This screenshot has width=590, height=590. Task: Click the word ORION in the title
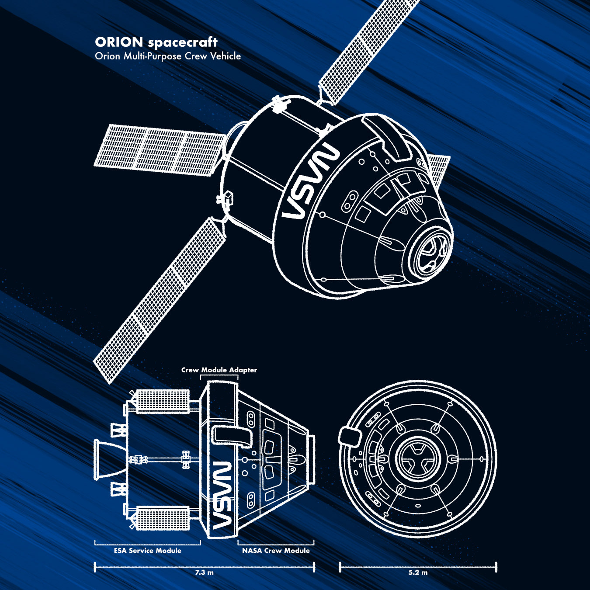tap(119, 42)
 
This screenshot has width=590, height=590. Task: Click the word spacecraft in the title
tap(183, 43)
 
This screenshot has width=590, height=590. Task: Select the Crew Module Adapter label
tap(219, 370)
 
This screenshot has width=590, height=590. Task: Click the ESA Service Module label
tap(148, 551)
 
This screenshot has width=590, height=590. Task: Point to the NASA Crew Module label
tap(276, 551)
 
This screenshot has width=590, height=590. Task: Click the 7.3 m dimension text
tap(204, 572)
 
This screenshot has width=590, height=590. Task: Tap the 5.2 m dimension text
tap(418, 572)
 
